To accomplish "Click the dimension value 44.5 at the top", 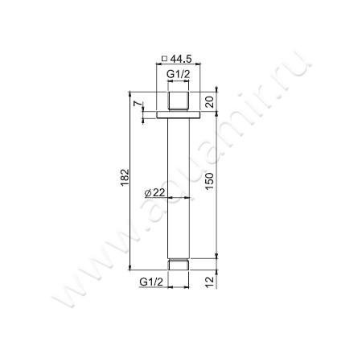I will click(182, 58).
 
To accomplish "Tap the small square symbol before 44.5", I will click(165, 58).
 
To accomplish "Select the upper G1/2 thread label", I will click(178, 74).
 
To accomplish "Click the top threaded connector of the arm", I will click(178, 103).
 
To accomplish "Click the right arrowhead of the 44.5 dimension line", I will click(198, 67).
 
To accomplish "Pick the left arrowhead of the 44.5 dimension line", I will click(158, 67).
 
